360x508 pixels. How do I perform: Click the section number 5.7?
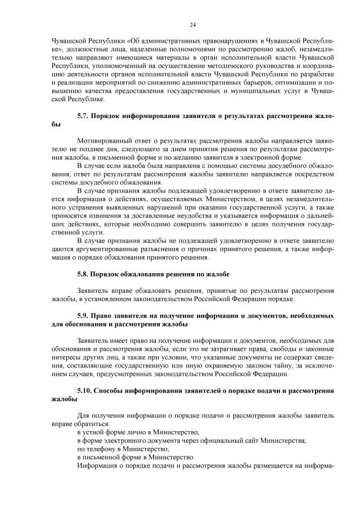(83, 115)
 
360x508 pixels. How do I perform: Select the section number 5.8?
(83, 274)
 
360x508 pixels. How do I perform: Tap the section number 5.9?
(83, 316)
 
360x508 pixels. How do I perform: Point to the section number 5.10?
(84, 389)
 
